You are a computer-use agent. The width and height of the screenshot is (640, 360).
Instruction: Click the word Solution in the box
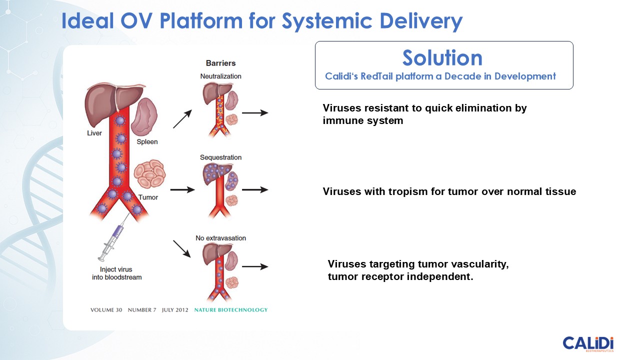click(442, 58)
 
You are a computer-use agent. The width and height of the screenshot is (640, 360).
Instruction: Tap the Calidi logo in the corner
click(588, 344)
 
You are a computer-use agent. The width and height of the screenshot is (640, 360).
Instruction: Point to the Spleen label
click(147, 141)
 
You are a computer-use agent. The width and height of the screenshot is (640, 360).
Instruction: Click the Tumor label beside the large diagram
click(147, 197)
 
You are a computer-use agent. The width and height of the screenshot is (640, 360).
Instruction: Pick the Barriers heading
click(220, 63)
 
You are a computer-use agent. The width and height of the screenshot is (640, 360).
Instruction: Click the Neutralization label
click(220, 76)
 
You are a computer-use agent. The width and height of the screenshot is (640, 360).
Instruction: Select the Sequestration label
click(220, 157)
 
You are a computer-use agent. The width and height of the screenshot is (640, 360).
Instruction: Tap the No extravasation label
click(220, 238)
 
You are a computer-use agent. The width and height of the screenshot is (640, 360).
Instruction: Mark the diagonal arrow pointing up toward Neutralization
click(183, 119)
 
